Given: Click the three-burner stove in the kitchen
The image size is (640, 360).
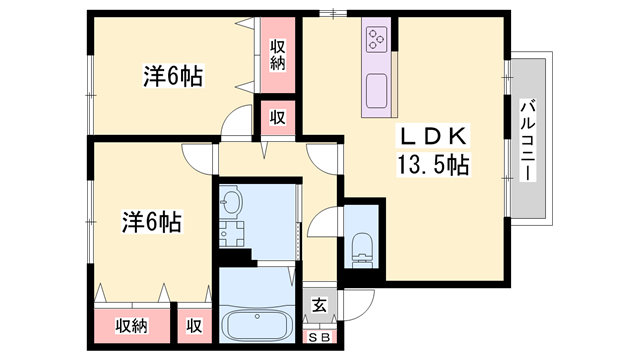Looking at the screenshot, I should [377, 39].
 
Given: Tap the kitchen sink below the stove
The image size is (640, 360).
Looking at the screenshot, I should [377, 91].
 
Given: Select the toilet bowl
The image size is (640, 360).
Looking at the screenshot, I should [361, 245].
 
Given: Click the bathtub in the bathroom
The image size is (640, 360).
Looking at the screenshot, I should [257, 326].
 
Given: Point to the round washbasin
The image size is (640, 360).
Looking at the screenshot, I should [231, 204].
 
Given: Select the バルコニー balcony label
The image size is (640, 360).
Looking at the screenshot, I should [528, 139].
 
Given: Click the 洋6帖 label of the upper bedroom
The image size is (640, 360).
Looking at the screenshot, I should [174, 75].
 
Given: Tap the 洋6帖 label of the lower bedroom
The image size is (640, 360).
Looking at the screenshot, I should [151, 221].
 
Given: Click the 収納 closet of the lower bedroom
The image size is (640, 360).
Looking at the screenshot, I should [131, 326].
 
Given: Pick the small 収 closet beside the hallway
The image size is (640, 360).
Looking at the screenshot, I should [279, 118].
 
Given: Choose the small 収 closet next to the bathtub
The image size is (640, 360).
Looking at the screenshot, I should [193, 326].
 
